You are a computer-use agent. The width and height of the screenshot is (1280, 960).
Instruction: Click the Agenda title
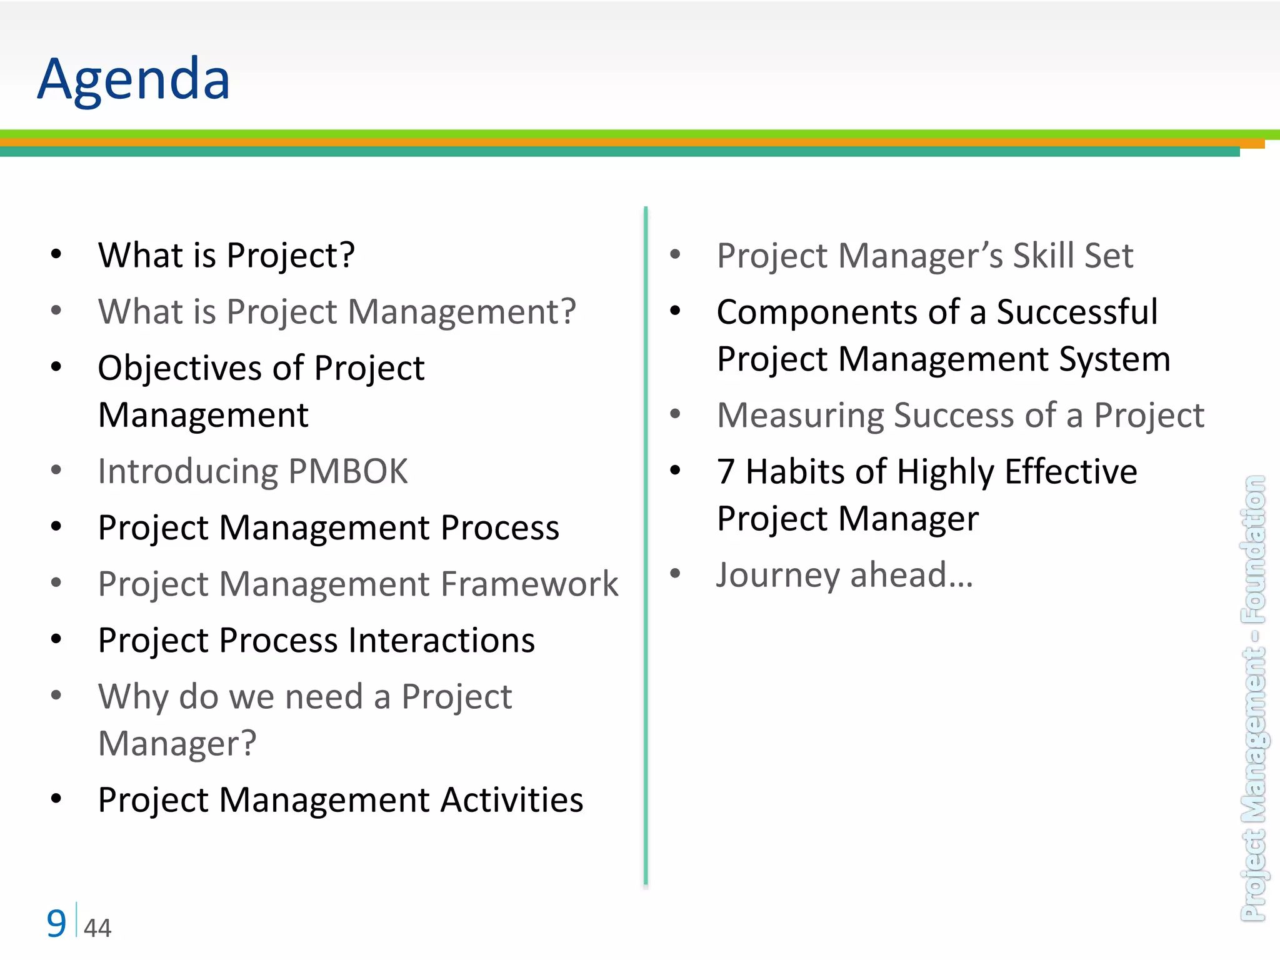(133, 79)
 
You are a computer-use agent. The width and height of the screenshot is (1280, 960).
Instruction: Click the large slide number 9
(56, 924)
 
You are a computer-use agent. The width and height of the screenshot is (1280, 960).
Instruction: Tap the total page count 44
(97, 928)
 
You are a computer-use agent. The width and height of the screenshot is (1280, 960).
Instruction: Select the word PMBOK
(348, 471)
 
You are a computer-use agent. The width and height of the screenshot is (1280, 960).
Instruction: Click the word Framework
(529, 584)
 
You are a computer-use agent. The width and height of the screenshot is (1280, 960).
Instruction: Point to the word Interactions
(441, 641)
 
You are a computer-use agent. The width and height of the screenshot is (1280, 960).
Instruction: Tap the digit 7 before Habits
(726, 471)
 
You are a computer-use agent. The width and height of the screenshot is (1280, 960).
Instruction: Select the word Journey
(777, 575)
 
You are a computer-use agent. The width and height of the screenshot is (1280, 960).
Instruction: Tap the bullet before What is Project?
(56, 254)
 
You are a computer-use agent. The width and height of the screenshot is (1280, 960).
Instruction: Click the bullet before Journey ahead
(675, 573)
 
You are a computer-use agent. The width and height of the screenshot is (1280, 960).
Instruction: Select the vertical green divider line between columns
(646, 544)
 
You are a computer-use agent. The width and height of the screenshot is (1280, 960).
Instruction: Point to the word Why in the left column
(132, 697)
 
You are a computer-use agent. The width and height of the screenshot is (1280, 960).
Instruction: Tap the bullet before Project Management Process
(56, 527)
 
